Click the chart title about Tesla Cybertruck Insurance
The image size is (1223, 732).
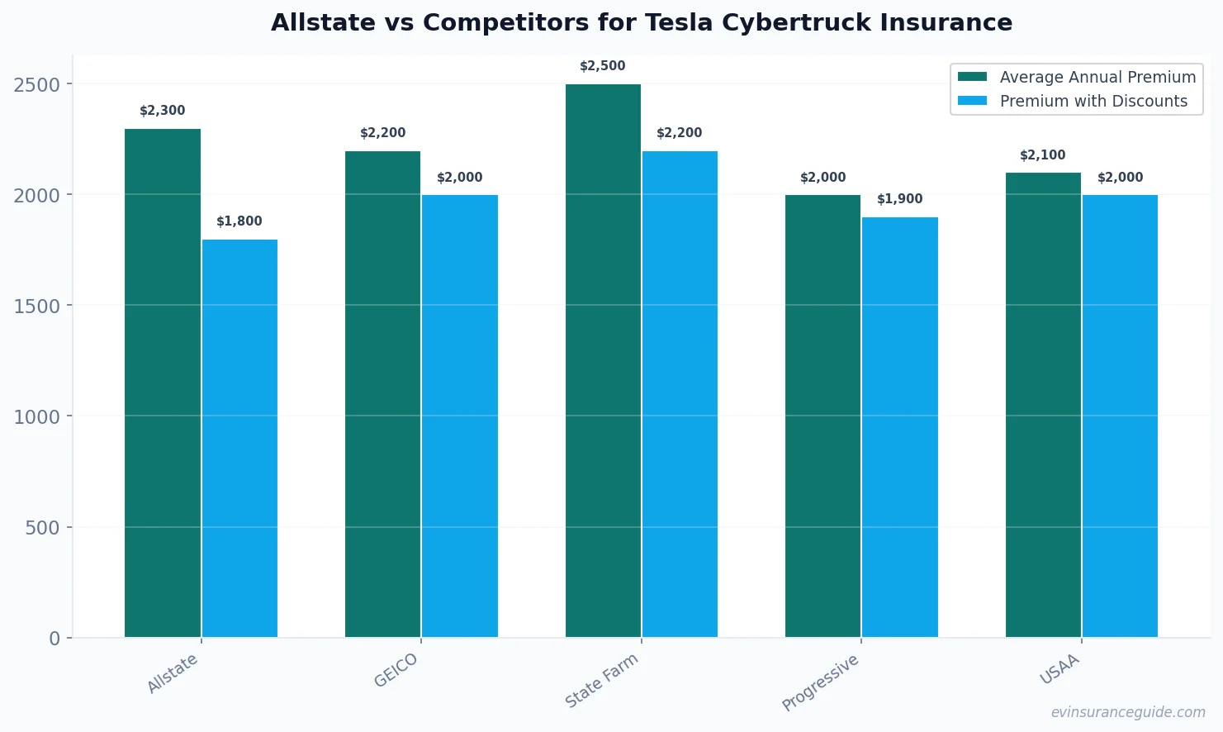[x=642, y=22]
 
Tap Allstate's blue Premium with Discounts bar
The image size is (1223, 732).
[x=239, y=438]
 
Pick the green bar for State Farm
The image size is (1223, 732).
[x=603, y=360]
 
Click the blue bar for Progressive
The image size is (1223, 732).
[x=900, y=427]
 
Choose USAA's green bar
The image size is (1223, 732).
[x=1043, y=405]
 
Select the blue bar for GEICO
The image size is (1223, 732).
[x=460, y=416]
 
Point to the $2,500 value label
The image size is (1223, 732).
[x=603, y=66]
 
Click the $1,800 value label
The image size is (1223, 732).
[x=239, y=221]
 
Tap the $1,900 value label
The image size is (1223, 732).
[x=900, y=199]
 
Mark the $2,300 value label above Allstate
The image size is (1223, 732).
[x=163, y=111]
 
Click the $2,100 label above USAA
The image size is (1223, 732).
[x=1043, y=155]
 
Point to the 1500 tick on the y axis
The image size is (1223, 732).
[x=37, y=307]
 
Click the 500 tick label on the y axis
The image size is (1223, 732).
[x=43, y=528]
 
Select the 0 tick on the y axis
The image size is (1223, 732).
[x=55, y=639]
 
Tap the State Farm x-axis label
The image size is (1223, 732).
[x=602, y=681]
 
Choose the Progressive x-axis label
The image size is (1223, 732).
[x=821, y=682]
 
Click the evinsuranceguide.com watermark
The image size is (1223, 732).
[x=1128, y=712]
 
